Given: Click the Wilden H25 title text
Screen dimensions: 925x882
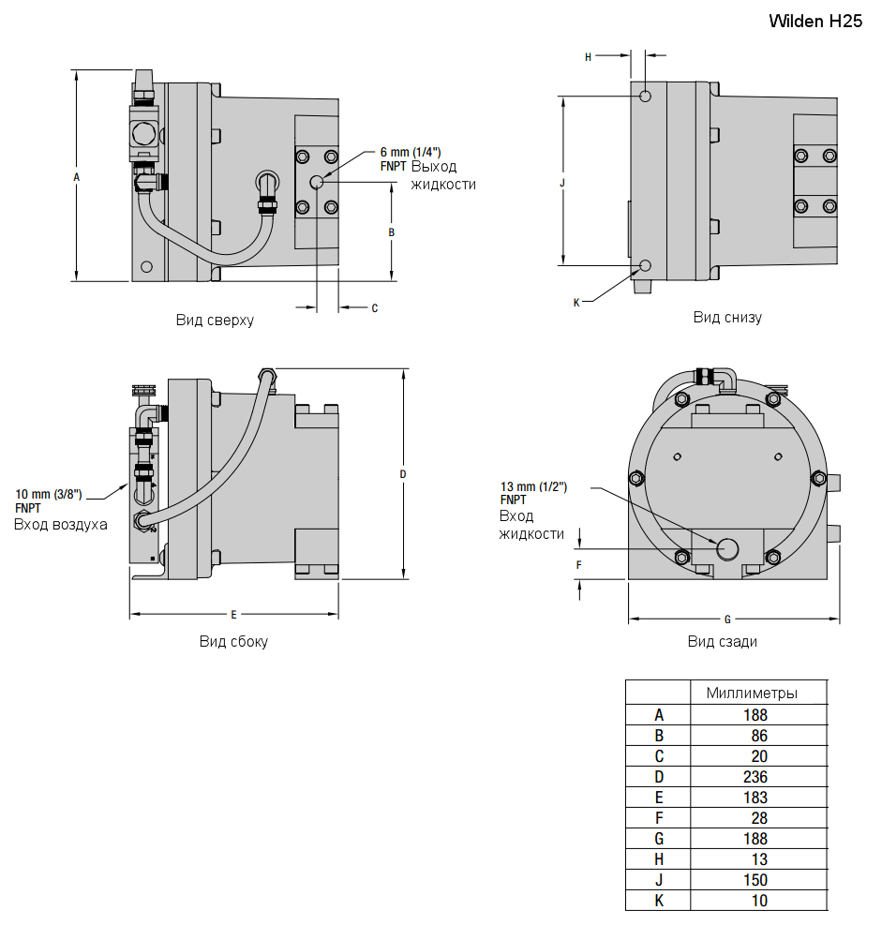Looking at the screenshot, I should pos(815,21).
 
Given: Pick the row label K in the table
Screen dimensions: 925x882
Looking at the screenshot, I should pos(658,901).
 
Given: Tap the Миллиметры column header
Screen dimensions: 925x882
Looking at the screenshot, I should pos(752,694).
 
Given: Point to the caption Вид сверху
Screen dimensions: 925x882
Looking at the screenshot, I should pos(215,320).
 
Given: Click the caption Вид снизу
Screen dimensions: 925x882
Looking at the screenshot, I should pos(727,317).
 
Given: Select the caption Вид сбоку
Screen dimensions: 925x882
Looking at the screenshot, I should pos(233,642).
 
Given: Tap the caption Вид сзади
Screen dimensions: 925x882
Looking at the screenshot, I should pos(723,642).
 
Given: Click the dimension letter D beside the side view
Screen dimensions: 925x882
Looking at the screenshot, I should pos(403,474).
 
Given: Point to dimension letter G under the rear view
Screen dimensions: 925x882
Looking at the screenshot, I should pos(727,619).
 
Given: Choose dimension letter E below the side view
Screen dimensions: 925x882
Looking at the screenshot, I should pos(233,615).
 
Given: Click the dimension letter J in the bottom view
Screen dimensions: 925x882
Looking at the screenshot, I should pos(562,183).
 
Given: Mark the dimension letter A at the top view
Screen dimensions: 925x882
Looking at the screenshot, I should pos(77,176).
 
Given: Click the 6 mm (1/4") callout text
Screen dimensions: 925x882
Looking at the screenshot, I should pos(410,151).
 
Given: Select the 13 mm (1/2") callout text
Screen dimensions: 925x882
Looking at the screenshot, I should pos(533,486).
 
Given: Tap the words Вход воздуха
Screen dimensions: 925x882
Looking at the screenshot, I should pos(60,525).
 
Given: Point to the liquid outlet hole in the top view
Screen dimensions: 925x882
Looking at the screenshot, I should pos(317,182).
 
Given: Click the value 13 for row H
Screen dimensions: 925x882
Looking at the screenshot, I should pos(758,859).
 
